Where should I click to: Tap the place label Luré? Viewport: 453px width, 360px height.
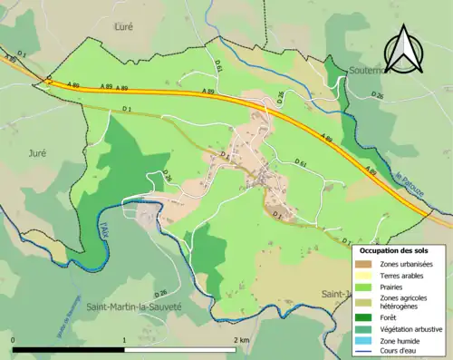tap(124, 27)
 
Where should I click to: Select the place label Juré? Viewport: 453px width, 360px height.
tap(36, 152)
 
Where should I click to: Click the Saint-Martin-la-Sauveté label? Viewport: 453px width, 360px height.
tap(133, 307)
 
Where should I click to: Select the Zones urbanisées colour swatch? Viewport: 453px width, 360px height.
tap(364, 264)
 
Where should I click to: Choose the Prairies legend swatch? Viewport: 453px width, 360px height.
tap(364, 287)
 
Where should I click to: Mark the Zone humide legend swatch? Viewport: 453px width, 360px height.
tap(364, 338)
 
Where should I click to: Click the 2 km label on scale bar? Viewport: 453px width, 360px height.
tap(240, 339)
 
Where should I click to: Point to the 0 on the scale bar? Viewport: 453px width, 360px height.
tap(14, 339)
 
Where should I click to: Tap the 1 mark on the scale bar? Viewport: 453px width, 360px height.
tap(124, 339)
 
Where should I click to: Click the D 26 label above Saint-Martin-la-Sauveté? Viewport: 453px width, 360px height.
tap(160, 293)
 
